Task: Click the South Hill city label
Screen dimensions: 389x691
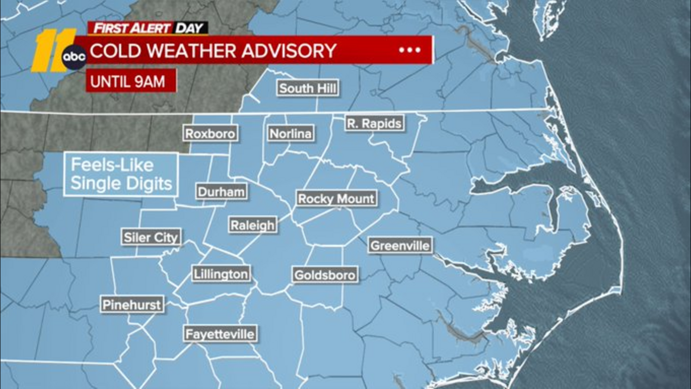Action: click(x=307, y=88)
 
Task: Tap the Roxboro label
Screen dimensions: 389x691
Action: click(x=210, y=134)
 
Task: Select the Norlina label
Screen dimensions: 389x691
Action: click(x=290, y=134)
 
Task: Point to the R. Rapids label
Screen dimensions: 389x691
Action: click(x=374, y=124)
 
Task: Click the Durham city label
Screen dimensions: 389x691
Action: click(x=221, y=191)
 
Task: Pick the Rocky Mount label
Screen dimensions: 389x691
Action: click(x=336, y=199)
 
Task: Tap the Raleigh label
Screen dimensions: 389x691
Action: click(x=252, y=225)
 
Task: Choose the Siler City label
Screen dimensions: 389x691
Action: click(x=151, y=237)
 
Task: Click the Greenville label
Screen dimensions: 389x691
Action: click(x=400, y=246)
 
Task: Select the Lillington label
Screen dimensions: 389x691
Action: click(x=221, y=274)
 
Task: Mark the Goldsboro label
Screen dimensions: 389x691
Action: click(x=325, y=275)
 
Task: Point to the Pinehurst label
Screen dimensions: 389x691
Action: click(x=132, y=305)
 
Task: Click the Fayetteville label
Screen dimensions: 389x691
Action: click(x=220, y=334)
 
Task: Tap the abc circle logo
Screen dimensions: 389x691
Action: click(x=74, y=57)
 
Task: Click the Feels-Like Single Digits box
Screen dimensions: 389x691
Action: click(x=121, y=174)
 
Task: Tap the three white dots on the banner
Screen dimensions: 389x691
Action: click(x=409, y=50)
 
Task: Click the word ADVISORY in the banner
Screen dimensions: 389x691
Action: click(x=288, y=51)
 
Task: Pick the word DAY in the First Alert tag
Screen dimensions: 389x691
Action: click(x=190, y=29)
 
